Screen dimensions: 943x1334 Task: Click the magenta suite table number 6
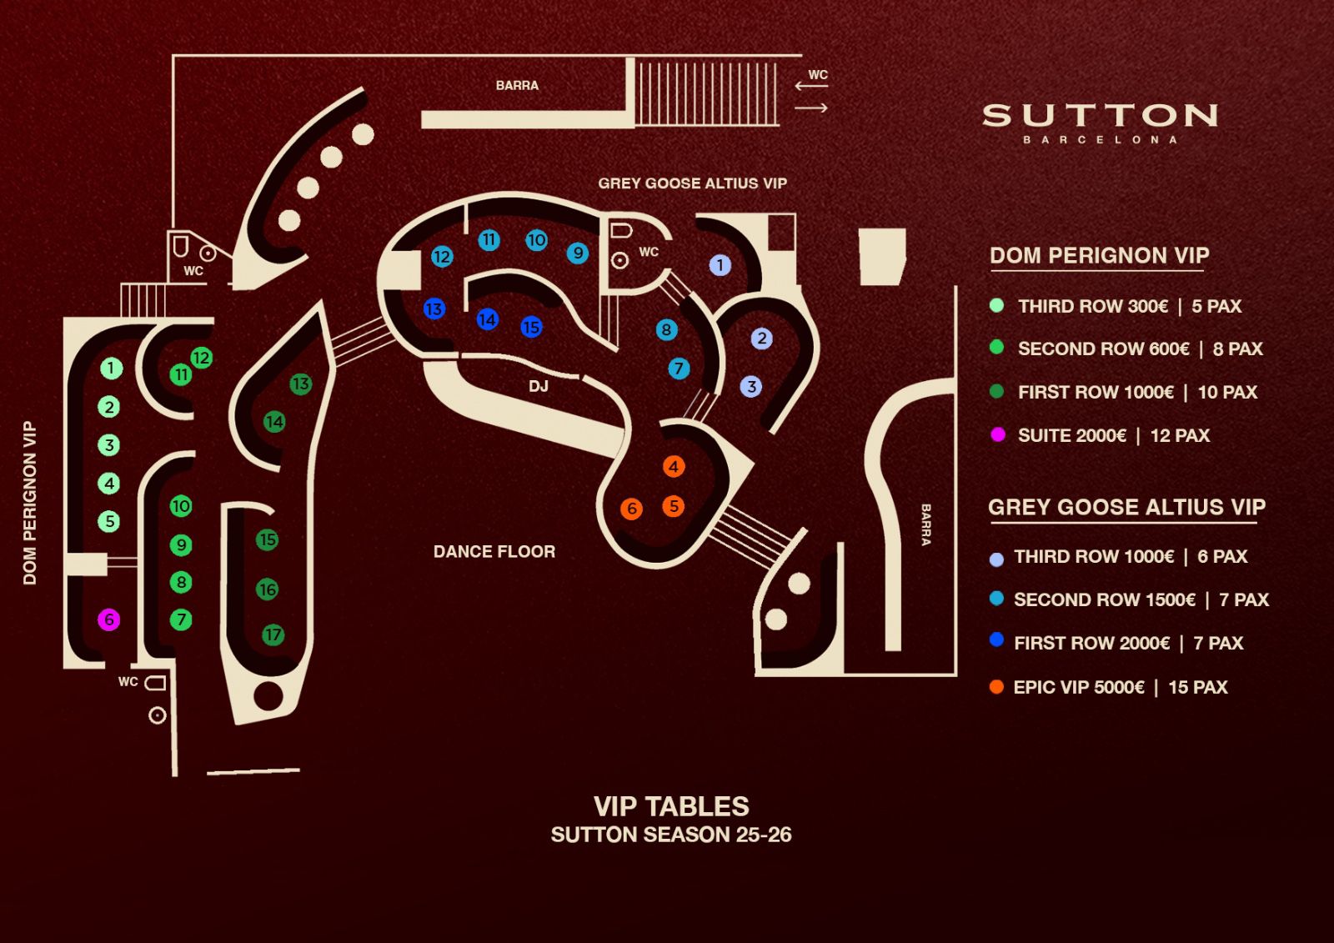coord(109,619)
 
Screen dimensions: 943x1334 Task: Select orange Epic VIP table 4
coord(674,466)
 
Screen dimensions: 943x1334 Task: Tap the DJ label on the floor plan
coord(539,386)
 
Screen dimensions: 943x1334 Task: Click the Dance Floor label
coord(494,551)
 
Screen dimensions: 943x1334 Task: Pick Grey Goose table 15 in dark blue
coord(531,327)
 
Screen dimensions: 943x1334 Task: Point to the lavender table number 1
coord(720,265)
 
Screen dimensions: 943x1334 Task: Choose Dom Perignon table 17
coord(273,635)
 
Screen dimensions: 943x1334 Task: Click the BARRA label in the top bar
coord(517,85)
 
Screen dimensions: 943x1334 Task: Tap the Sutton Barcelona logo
coord(1100,121)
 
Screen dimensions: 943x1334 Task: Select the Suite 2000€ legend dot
coord(997,434)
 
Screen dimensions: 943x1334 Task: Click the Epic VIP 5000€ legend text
coord(1120,687)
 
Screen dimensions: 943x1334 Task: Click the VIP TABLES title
coord(671,806)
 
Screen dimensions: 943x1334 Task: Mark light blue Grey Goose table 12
coord(442,257)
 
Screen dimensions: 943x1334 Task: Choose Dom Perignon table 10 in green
coord(181,505)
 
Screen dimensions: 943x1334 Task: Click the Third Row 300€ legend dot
coord(996,305)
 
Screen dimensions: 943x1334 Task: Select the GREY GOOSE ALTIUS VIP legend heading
coord(1126,507)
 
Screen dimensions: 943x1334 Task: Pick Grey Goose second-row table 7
coord(679,368)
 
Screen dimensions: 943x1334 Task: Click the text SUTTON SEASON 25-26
coord(671,835)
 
